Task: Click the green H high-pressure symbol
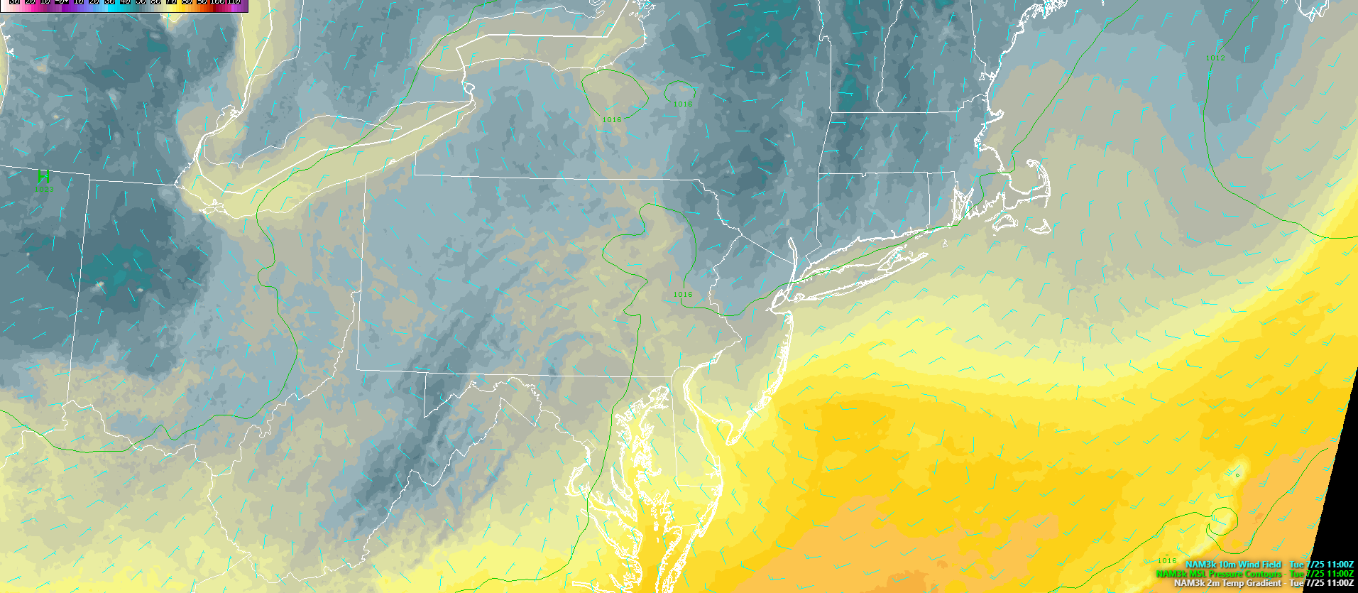coord(44,175)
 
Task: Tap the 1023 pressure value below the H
coord(45,189)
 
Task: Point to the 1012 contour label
coord(1215,58)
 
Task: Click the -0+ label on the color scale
coord(62,2)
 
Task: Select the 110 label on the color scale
coord(233,2)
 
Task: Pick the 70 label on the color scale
coord(171,2)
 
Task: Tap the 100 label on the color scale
coord(217,2)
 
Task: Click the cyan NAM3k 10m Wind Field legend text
coord(1233,565)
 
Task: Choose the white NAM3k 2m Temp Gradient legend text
coord(1227,583)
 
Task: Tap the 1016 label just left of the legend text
coord(1167,561)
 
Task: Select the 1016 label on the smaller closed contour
coord(682,104)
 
